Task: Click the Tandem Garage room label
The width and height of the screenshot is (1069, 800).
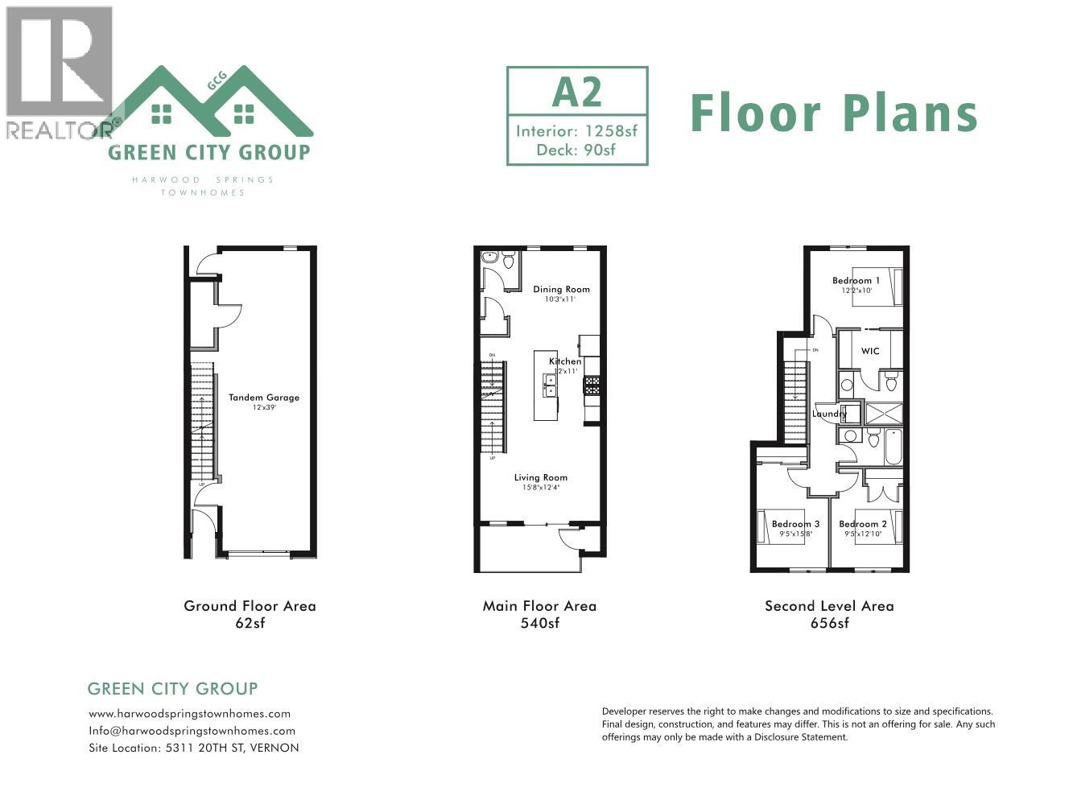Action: [264, 397]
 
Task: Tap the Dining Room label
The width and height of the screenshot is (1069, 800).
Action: [561, 289]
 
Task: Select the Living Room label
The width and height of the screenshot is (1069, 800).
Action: [541, 477]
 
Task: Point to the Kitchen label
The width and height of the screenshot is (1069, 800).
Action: [565, 361]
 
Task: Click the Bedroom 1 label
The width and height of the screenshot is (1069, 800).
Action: [856, 281]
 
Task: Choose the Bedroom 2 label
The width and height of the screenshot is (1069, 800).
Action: [863, 524]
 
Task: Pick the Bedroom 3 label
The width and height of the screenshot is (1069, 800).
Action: [795, 524]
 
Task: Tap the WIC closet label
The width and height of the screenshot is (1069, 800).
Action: [870, 351]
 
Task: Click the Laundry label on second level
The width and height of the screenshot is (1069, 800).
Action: [829, 414]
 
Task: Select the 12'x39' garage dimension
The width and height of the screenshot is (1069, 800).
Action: [264, 408]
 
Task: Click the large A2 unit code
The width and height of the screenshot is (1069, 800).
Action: [577, 92]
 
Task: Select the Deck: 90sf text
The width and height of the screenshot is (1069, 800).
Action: [577, 149]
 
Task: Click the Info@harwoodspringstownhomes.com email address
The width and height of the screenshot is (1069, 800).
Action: [192, 731]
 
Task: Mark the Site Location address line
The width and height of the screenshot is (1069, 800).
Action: [193, 748]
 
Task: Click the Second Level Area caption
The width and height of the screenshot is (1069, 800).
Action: [829, 606]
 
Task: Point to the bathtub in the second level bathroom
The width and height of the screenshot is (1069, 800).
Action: [894, 448]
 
